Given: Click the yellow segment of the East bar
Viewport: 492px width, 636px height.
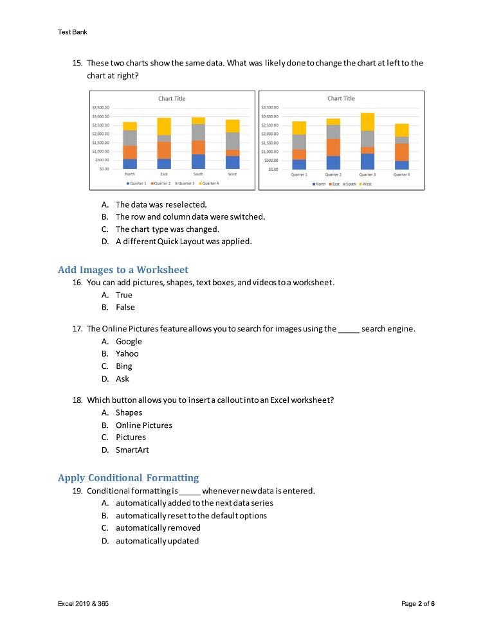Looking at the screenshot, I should (164, 127).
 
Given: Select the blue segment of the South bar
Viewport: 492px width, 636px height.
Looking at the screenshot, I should (198, 161).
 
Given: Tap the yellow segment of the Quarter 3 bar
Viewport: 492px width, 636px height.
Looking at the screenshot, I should (367, 121).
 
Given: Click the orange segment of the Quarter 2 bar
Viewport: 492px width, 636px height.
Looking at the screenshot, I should (333, 147).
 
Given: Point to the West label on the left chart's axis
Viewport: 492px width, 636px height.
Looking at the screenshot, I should (232, 174).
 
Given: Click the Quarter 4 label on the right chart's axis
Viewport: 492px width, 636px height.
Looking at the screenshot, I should (401, 174).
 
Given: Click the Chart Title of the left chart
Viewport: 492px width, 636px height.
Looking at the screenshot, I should (172, 98).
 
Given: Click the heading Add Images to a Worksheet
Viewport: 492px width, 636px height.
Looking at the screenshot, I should (123, 270).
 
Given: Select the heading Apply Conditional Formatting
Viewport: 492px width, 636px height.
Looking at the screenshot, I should (128, 478).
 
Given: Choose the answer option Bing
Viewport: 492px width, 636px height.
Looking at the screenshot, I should (123, 366).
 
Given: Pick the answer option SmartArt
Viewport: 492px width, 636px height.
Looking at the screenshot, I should (132, 450).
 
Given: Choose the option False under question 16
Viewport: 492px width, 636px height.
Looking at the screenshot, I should (125, 307).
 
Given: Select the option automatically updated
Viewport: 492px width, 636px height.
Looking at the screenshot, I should (157, 541).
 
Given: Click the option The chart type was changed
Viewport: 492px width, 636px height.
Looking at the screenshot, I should (167, 229).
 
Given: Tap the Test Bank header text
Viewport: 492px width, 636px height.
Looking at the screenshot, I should (72, 31).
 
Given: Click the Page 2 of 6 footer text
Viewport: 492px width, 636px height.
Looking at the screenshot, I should (417, 604).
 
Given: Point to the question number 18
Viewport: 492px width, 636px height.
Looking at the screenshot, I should (77, 400).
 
